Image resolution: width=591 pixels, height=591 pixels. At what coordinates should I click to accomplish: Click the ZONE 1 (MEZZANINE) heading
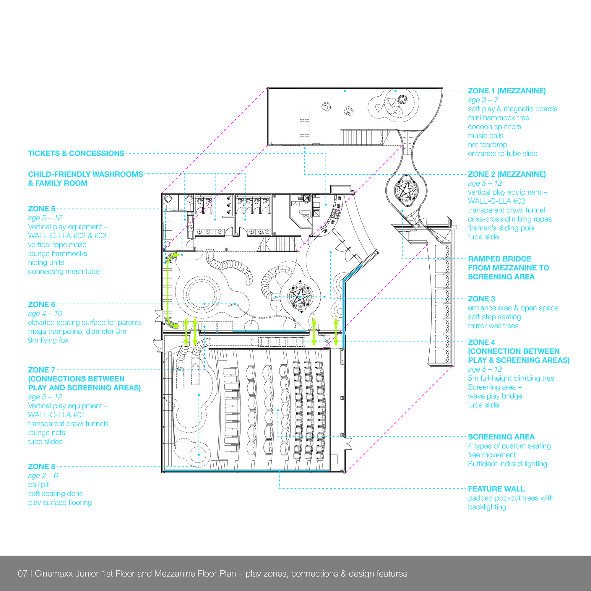coord(506,91)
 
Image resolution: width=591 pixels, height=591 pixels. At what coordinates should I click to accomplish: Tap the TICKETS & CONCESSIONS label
coord(76,153)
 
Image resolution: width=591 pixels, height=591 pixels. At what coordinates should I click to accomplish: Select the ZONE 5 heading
coord(42,209)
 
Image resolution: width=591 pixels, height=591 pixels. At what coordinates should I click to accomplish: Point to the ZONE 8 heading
coord(42,467)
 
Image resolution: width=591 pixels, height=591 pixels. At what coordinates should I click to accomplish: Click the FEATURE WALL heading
coord(496,489)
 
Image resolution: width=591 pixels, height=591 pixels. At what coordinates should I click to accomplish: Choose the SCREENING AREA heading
coord(501,437)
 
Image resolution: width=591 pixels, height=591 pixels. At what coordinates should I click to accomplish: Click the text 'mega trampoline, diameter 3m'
coord(77,331)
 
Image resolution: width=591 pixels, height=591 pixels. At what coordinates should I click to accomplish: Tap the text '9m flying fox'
coord(48,340)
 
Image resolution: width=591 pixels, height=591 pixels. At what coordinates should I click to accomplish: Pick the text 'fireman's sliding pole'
coord(501,228)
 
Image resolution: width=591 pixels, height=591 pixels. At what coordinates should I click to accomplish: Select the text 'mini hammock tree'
coord(499,118)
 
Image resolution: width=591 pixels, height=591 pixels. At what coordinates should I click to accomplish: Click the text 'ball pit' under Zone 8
coord(38,485)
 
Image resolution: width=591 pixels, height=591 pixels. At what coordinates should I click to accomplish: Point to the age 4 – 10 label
coord(45,314)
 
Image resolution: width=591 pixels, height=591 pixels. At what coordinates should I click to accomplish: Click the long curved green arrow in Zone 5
coord(168,290)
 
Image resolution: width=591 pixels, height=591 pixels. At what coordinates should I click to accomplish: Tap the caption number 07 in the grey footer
coord(22,574)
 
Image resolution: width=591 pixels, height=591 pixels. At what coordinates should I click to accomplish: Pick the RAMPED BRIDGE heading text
coord(508,268)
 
